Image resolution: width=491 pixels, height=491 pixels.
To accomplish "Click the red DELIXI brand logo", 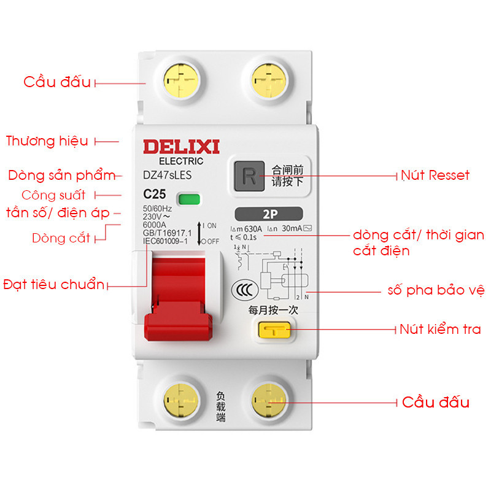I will [x=181, y=147].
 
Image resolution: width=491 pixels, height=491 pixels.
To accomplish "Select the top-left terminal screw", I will [x=182, y=80].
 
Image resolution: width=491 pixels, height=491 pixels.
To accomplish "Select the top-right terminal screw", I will [x=268, y=80].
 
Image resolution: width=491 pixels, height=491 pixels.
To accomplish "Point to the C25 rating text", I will [x=155, y=195].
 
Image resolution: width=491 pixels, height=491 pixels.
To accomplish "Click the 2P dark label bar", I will [x=268, y=214].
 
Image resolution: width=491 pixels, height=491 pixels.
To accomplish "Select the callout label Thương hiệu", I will [x=47, y=141].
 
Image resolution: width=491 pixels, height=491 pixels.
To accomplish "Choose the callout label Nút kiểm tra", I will [x=440, y=330].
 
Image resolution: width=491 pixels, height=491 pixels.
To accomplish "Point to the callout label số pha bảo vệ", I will [x=436, y=288].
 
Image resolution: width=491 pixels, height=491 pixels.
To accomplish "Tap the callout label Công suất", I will [x=53, y=195].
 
